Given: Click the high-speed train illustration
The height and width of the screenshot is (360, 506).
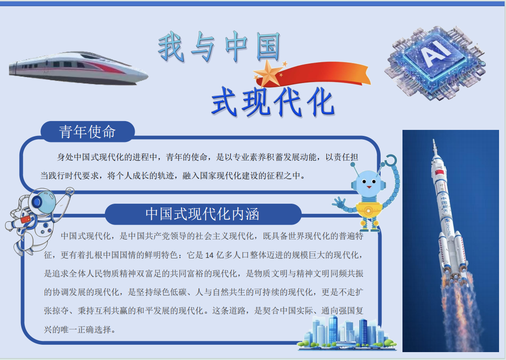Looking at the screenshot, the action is tap(78, 68).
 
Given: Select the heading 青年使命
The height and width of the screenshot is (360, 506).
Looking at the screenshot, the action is tap(87, 132).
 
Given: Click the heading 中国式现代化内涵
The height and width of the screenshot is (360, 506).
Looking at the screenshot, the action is tap(202, 214).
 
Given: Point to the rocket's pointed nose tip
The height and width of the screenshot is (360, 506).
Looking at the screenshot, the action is tap(434, 140).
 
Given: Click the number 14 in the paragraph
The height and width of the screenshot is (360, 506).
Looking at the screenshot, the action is tap(209, 256).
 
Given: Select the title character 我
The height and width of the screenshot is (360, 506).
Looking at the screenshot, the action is tap(171, 47).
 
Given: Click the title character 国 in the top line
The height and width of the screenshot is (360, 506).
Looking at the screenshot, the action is tap(268, 47).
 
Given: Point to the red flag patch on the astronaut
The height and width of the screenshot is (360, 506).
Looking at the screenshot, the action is tap(26, 219).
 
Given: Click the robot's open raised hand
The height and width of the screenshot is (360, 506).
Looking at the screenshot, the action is tap(338, 203).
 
